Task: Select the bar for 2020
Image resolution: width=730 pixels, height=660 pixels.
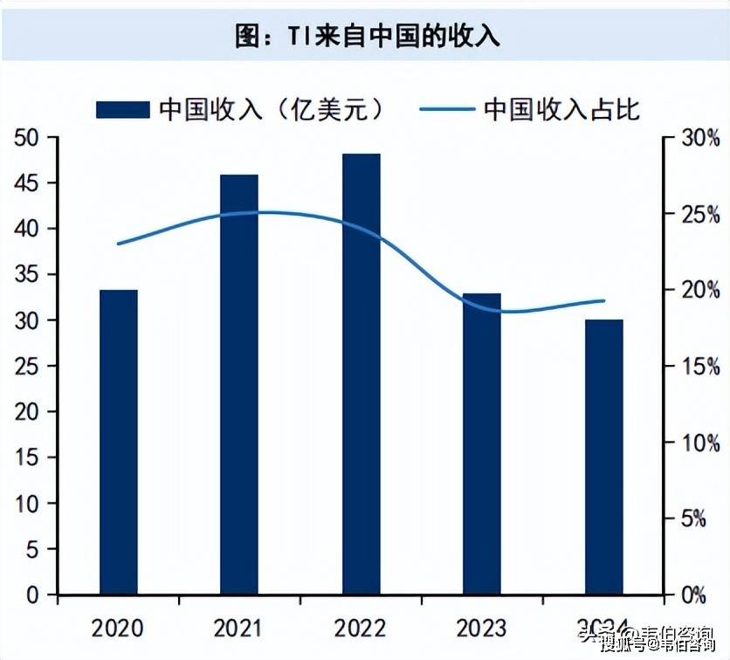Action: point(119,442)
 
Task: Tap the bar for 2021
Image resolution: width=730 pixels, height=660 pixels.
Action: point(239,384)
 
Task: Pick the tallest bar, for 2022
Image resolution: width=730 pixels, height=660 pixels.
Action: point(362,374)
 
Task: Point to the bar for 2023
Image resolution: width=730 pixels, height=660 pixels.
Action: point(482,443)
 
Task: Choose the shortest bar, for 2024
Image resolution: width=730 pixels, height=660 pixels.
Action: point(603,457)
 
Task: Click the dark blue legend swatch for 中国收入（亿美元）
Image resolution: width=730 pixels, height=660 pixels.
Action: point(122,108)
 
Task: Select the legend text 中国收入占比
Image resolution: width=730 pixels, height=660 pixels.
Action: point(561,108)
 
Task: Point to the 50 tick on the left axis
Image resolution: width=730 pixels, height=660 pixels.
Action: point(25,138)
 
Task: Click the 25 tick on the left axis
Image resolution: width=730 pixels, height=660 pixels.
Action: point(25,367)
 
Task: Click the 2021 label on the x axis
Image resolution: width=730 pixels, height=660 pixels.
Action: point(239,627)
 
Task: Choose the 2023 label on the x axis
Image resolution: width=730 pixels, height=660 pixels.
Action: point(482,627)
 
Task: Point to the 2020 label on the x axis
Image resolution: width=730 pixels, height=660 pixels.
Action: point(119,627)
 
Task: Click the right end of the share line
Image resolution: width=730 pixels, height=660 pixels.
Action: point(604,301)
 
